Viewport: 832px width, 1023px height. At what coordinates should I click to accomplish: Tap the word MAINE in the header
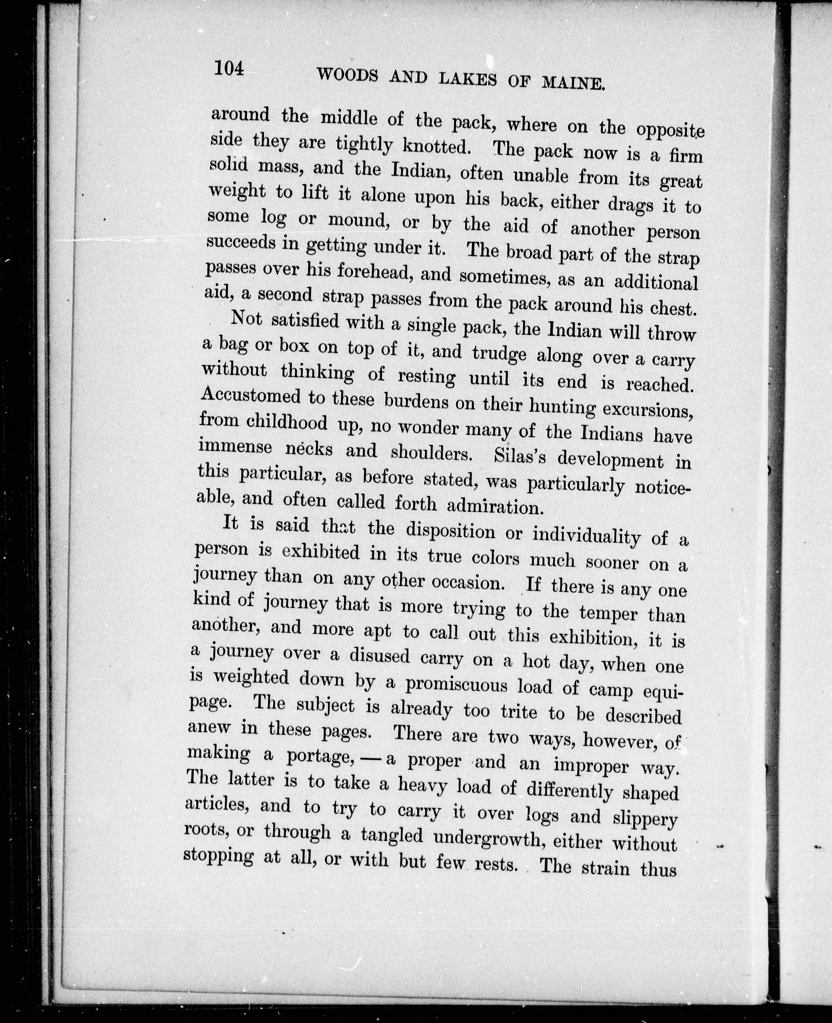pyautogui.click(x=572, y=84)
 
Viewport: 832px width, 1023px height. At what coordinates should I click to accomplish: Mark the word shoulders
pyautogui.click(x=429, y=452)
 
